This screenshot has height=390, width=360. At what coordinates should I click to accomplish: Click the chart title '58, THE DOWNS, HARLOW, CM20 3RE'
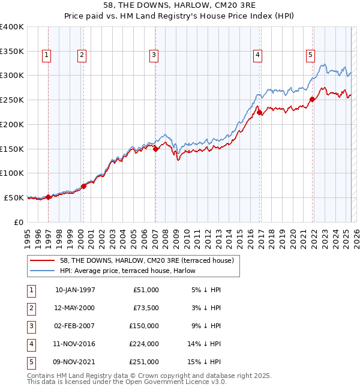[180, 6]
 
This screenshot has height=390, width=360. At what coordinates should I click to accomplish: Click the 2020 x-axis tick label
[292, 236]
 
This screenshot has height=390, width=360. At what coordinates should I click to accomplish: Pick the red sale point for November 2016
[259, 112]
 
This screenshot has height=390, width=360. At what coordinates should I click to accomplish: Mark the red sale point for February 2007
[155, 149]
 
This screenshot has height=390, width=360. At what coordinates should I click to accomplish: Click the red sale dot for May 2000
[84, 186]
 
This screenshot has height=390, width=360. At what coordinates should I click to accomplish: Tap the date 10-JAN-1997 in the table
[75, 290]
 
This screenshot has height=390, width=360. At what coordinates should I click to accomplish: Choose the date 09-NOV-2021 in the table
[75, 362]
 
